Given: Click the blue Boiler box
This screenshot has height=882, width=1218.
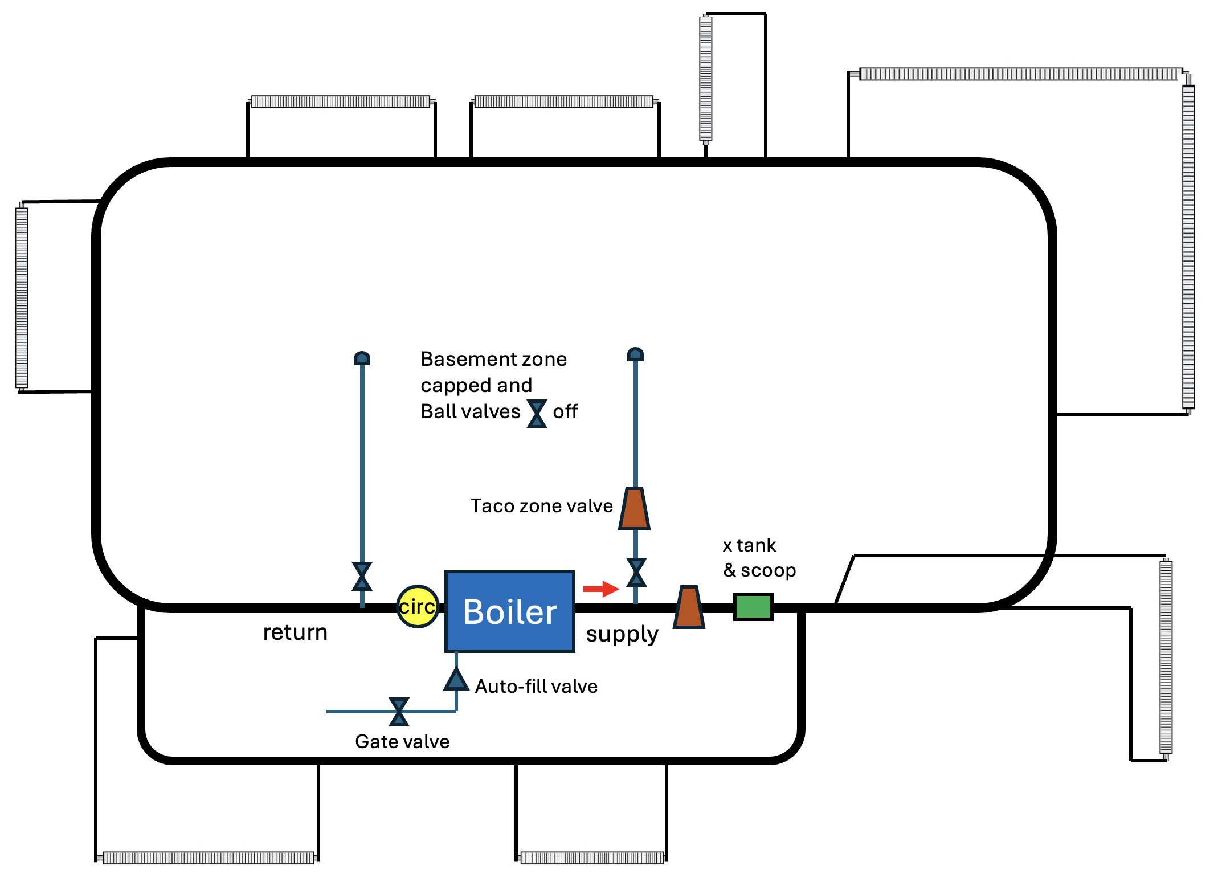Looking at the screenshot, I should [x=509, y=611].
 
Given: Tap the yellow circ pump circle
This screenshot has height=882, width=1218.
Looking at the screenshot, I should [x=418, y=606].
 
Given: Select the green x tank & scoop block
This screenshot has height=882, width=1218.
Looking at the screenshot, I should [x=753, y=606].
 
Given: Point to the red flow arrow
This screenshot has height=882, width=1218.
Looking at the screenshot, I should [x=600, y=589].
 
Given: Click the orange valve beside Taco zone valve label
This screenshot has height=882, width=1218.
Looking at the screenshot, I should [x=634, y=508].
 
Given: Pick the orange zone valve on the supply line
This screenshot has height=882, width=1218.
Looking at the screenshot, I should [x=689, y=607].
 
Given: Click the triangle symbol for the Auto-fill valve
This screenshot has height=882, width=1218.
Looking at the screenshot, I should [x=456, y=680].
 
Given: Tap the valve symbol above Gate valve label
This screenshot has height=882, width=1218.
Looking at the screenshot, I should [x=399, y=712].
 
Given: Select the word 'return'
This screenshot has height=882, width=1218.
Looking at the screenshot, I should [x=295, y=632].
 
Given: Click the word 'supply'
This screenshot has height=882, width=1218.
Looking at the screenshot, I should [x=622, y=634].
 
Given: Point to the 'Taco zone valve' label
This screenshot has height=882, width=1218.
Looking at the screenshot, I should [x=541, y=506].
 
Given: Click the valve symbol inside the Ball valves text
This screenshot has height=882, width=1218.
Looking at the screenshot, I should [x=537, y=414].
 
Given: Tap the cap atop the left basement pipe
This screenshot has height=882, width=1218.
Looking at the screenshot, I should [x=362, y=358].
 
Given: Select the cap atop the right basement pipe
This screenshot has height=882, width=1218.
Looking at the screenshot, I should [x=635, y=354].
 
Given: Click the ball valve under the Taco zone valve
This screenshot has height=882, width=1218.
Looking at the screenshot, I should [x=636, y=572].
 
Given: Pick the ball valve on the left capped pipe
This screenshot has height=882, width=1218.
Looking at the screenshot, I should [x=362, y=576].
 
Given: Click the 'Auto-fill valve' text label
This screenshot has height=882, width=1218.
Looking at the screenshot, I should [x=536, y=687].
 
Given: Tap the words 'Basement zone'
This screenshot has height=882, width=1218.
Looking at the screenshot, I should [x=493, y=360].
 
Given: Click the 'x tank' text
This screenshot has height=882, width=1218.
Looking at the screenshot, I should [x=749, y=546].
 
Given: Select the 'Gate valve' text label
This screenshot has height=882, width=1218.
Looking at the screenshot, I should [x=402, y=742].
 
